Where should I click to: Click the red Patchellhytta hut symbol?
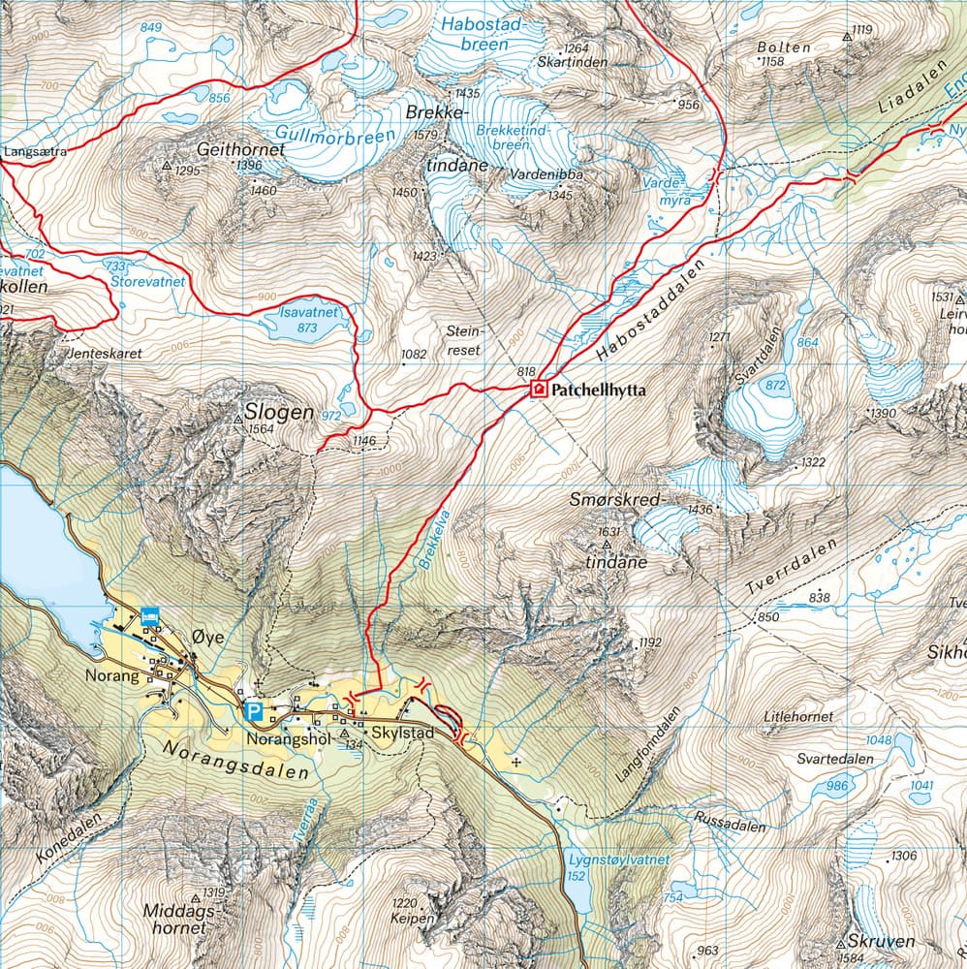click(x=538, y=390)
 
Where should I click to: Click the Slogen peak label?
click(x=279, y=412)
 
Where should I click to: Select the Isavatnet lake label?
click(x=307, y=314)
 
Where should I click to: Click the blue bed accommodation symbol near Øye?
click(x=149, y=614)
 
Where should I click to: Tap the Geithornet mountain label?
click(x=240, y=150)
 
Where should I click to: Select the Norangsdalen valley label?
click(x=234, y=761)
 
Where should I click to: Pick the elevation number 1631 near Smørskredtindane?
click(x=608, y=532)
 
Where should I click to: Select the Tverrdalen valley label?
click(x=793, y=567)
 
